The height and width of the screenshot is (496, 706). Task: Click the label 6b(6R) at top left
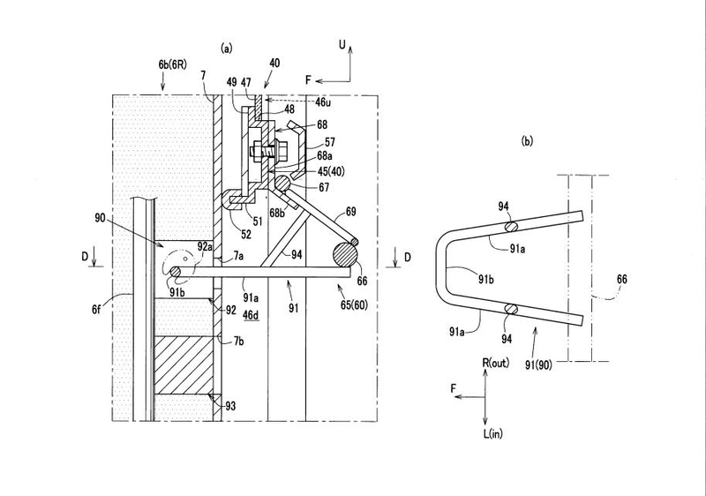pyautogui.click(x=172, y=64)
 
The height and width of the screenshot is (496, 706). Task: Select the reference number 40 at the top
pyautogui.click(x=274, y=63)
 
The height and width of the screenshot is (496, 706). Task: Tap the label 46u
pyautogui.click(x=323, y=102)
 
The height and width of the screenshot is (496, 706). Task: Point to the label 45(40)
pyautogui.click(x=331, y=171)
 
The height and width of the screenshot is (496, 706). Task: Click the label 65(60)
pyautogui.click(x=354, y=304)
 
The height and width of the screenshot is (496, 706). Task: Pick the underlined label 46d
pyautogui.click(x=251, y=315)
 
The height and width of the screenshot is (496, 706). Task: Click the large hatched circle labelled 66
pyautogui.click(x=345, y=255)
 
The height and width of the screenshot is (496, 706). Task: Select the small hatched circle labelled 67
pyautogui.click(x=282, y=184)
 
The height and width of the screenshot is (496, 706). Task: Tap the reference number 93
pyautogui.click(x=230, y=407)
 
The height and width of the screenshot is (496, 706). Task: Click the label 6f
pyautogui.click(x=96, y=309)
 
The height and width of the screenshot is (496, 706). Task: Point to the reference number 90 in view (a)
pyautogui.click(x=100, y=218)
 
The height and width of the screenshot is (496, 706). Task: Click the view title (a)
pyautogui.click(x=227, y=49)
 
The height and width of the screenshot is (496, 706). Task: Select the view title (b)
pyautogui.click(x=527, y=141)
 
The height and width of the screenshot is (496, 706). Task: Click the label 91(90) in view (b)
pyautogui.click(x=538, y=364)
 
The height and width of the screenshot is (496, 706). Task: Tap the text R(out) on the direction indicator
pyautogui.click(x=496, y=363)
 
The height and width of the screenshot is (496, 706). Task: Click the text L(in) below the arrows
pyautogui.click(x=493, y=434)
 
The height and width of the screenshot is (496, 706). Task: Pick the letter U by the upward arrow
pyautogui.click(x=342, y=44)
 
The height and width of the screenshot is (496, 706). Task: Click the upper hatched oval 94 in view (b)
pyautogui.click(x=512, y=227)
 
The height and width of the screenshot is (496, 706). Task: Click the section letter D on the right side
pyautogui.click(x=407, y=257)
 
